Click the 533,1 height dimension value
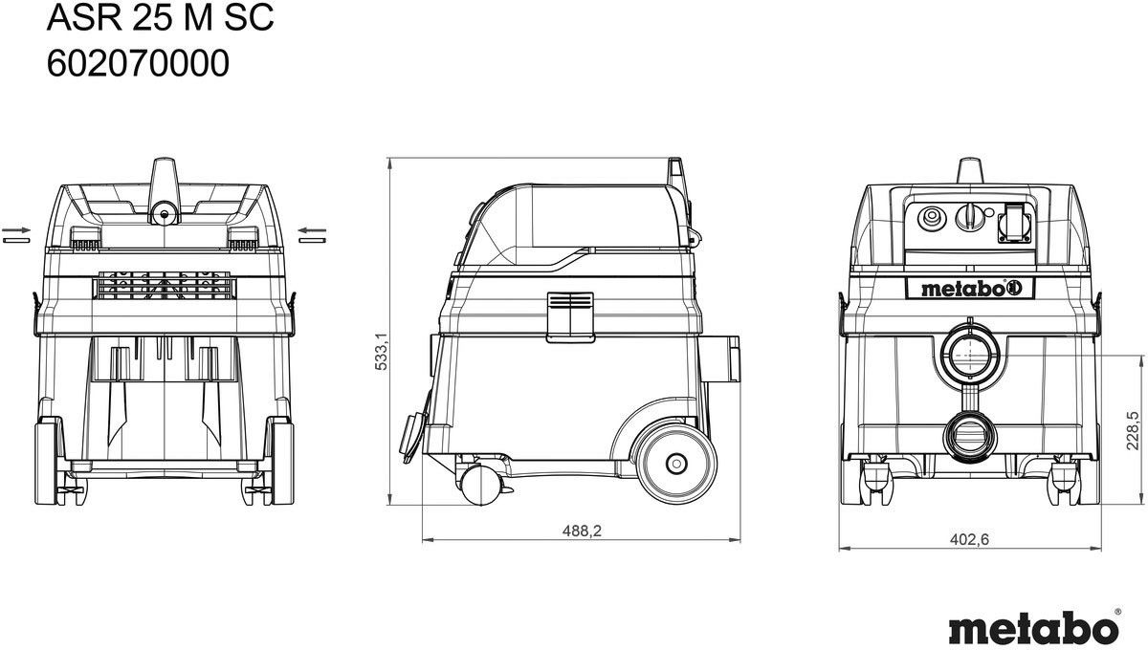[382, 351]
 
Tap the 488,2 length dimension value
[582, 531]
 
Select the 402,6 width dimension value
[970, 539]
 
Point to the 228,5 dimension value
[1132, 430]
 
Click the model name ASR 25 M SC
[161, 18]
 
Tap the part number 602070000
[138, 63]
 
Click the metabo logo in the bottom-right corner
[1034, 627]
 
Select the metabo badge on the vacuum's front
[970, 289]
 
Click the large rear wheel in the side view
[676, 464]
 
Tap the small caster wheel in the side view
[480, 486]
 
